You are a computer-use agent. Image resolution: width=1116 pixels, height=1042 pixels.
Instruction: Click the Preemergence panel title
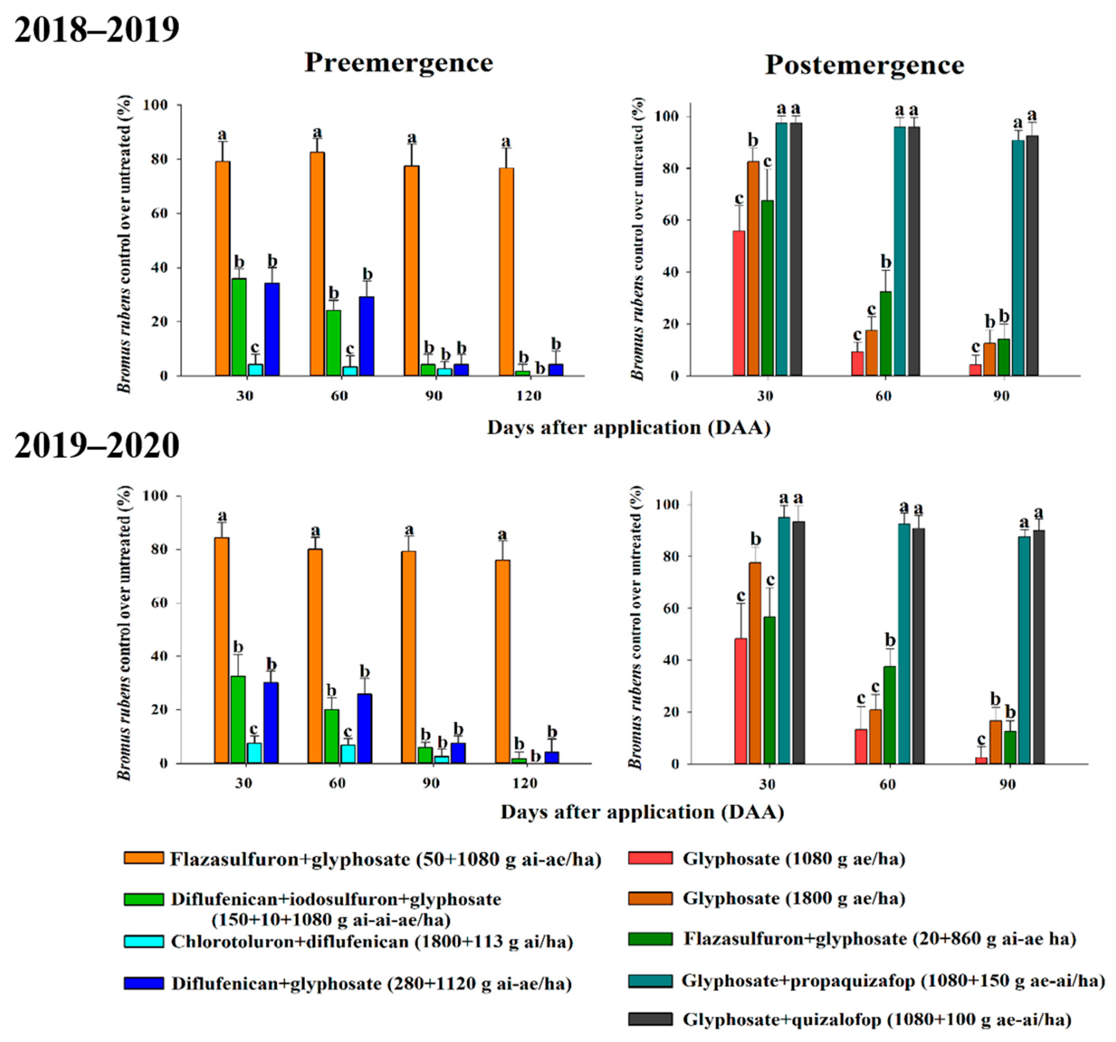pyautogui.click(x=399, y=62)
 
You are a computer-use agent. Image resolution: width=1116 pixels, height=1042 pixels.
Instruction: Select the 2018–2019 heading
pyautogui.click(x=97, y=30)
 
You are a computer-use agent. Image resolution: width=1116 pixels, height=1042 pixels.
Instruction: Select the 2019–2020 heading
pyautogui.click(x=97, y=446)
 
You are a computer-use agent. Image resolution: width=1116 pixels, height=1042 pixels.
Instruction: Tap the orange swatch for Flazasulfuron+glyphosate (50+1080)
pyautogui.click(x=144, y=859)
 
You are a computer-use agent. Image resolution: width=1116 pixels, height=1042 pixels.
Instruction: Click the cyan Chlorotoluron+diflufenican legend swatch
pyautogui.click(x=144, y=941)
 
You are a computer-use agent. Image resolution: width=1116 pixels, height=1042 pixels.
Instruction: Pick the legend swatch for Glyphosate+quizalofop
pyautogui.click(x=650, y=1019)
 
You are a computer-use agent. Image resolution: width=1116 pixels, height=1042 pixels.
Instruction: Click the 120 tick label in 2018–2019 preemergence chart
pyautogui.click(x=528, y=396)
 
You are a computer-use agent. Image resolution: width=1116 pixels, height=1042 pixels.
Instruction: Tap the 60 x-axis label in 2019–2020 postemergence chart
pyautogui.click(x=887, y=784)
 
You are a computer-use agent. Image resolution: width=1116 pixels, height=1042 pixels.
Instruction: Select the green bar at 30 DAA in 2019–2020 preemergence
pyautogui.click(x=238, y=719)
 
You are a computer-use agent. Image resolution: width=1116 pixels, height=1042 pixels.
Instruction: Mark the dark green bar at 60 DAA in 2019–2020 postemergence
pyautogui.click(x=890, y=715)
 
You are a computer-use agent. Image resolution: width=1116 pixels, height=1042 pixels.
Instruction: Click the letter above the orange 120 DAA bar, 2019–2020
pyautogui.click(x=502, y=534)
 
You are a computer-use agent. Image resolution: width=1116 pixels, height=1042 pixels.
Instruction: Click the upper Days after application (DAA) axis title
pyautogui.click(x=629, y=428)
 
